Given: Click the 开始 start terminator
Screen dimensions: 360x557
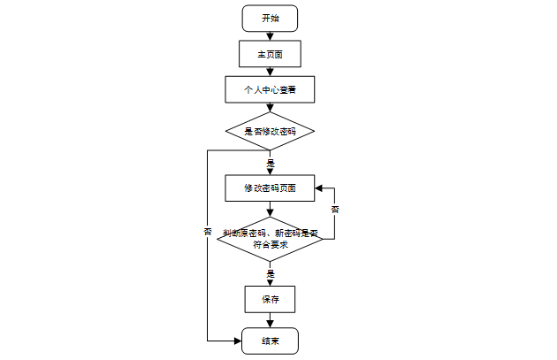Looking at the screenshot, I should click(x=270, y=18).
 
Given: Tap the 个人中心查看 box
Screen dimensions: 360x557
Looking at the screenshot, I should click(x=270, y=89).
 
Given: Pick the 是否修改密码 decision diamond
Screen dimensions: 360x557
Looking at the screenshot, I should click(x=270, y=131).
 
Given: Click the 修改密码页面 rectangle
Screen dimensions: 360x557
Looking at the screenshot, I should click(x=270, y=188).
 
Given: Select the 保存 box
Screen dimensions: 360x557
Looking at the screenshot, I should click(x=270, y=299).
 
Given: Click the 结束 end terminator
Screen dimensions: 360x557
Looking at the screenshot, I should click(x=270, y=341).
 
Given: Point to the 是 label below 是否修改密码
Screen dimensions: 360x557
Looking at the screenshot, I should click(x=271, y=164).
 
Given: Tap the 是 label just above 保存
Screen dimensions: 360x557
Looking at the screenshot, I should click(x=271, y=274).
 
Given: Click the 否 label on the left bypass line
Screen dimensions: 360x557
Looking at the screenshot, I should click(x=208, y=232).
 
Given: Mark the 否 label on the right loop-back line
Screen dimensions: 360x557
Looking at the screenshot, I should click(x=334, y=210).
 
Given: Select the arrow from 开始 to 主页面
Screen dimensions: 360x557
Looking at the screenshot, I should click(x=270, y=35).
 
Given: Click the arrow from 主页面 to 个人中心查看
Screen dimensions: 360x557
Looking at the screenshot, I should click(x=270, y=71).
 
